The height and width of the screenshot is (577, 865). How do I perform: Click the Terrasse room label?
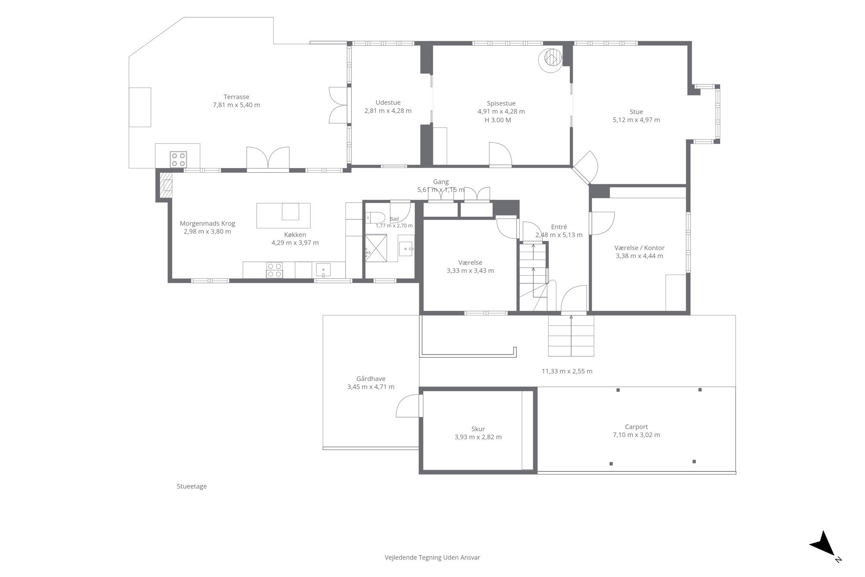tap(236, 97)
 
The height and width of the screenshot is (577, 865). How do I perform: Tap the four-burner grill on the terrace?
tap(178, 159)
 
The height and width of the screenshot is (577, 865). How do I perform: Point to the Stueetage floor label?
tap(192, 487)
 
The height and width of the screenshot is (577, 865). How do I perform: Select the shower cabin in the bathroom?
tap(376, 248)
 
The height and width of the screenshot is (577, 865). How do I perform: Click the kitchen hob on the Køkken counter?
tap(274, 270)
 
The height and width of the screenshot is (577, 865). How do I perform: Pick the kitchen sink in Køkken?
tap(323, 270)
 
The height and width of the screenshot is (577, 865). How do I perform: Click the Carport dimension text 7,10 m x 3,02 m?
tap(636, 435)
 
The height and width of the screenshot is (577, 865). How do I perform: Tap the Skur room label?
tap(478, 429)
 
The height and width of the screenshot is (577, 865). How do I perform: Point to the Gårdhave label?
tap(371, 379)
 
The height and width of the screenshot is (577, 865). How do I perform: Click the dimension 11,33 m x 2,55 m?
tap(567, 371)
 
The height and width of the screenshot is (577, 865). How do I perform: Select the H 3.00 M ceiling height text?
tap(498, 120)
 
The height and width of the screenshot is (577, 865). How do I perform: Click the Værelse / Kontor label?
tap(639, 248)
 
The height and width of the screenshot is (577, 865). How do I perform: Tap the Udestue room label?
tap(388, 103)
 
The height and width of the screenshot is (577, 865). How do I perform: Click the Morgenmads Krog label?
tap(207, 224)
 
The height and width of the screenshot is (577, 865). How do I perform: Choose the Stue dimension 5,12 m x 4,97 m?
tap(636, 120)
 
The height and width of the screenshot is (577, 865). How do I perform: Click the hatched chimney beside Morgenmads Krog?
tap(165, 182)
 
